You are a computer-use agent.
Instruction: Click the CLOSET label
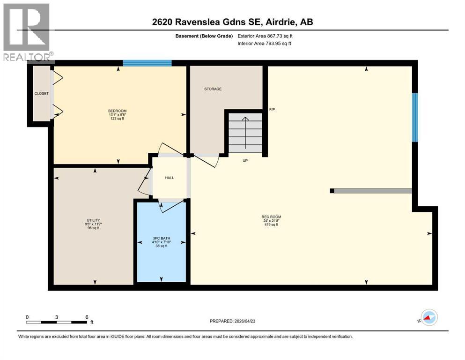41,93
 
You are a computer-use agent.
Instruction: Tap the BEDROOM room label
118,111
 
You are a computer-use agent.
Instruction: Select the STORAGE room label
213,89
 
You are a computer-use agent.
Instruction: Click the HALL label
170,178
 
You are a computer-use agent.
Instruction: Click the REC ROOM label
271,217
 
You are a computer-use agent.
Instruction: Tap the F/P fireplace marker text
272,110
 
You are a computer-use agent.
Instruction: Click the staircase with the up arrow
245,133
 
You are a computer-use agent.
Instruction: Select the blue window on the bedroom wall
147,63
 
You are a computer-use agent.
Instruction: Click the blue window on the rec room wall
414,117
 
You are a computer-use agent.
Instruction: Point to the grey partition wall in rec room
373,191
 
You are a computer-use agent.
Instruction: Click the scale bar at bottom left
57,322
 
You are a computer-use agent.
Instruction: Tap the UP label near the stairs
244,161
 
